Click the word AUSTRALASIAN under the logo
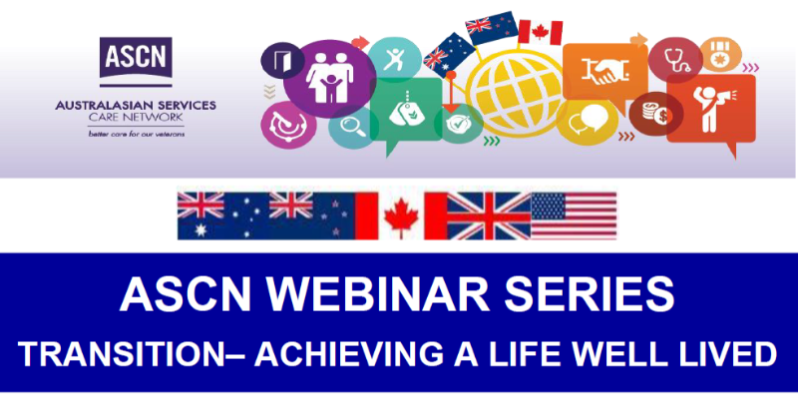tap(95, 106)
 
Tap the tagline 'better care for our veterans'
tap(137, 135)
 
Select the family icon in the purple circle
tap(330, 78)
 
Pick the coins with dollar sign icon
tap(655, 113)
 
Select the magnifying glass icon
tap(351, 126)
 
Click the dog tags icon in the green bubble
tap(406, 108)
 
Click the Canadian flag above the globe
tap(540, 33)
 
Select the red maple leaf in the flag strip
tap(402, 217)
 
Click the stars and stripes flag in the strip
tap(574, 215)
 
